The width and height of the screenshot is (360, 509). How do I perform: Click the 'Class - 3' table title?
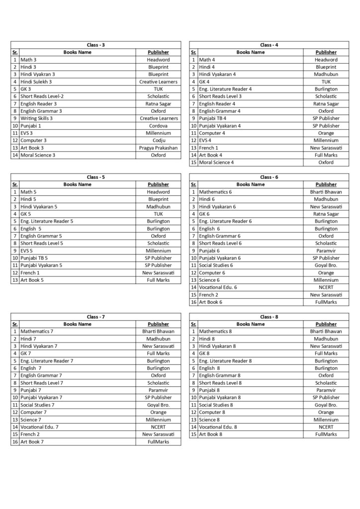(95, 45)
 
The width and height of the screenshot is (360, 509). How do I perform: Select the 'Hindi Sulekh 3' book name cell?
(36, 82)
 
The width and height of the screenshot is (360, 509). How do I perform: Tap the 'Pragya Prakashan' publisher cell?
(158, 148)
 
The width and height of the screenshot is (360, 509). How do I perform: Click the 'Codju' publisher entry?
(158, 140)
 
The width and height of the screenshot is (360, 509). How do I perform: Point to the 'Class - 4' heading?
(269, 45)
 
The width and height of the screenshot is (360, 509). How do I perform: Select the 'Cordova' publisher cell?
(158, 126)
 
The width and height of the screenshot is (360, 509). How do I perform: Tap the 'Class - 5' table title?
(95, 177)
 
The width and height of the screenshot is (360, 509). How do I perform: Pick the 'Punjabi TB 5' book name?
(34, 258)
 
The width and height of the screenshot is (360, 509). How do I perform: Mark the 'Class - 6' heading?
(269, 177)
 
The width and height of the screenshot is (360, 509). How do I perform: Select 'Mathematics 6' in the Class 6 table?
(219, 192)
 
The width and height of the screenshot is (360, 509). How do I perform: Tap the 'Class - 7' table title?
(95, 317)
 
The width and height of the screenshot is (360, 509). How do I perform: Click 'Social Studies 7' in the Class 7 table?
(38, 405)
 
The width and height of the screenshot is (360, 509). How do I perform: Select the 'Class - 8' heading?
(269, 317)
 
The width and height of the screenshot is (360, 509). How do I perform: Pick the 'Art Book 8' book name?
(211, 434)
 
